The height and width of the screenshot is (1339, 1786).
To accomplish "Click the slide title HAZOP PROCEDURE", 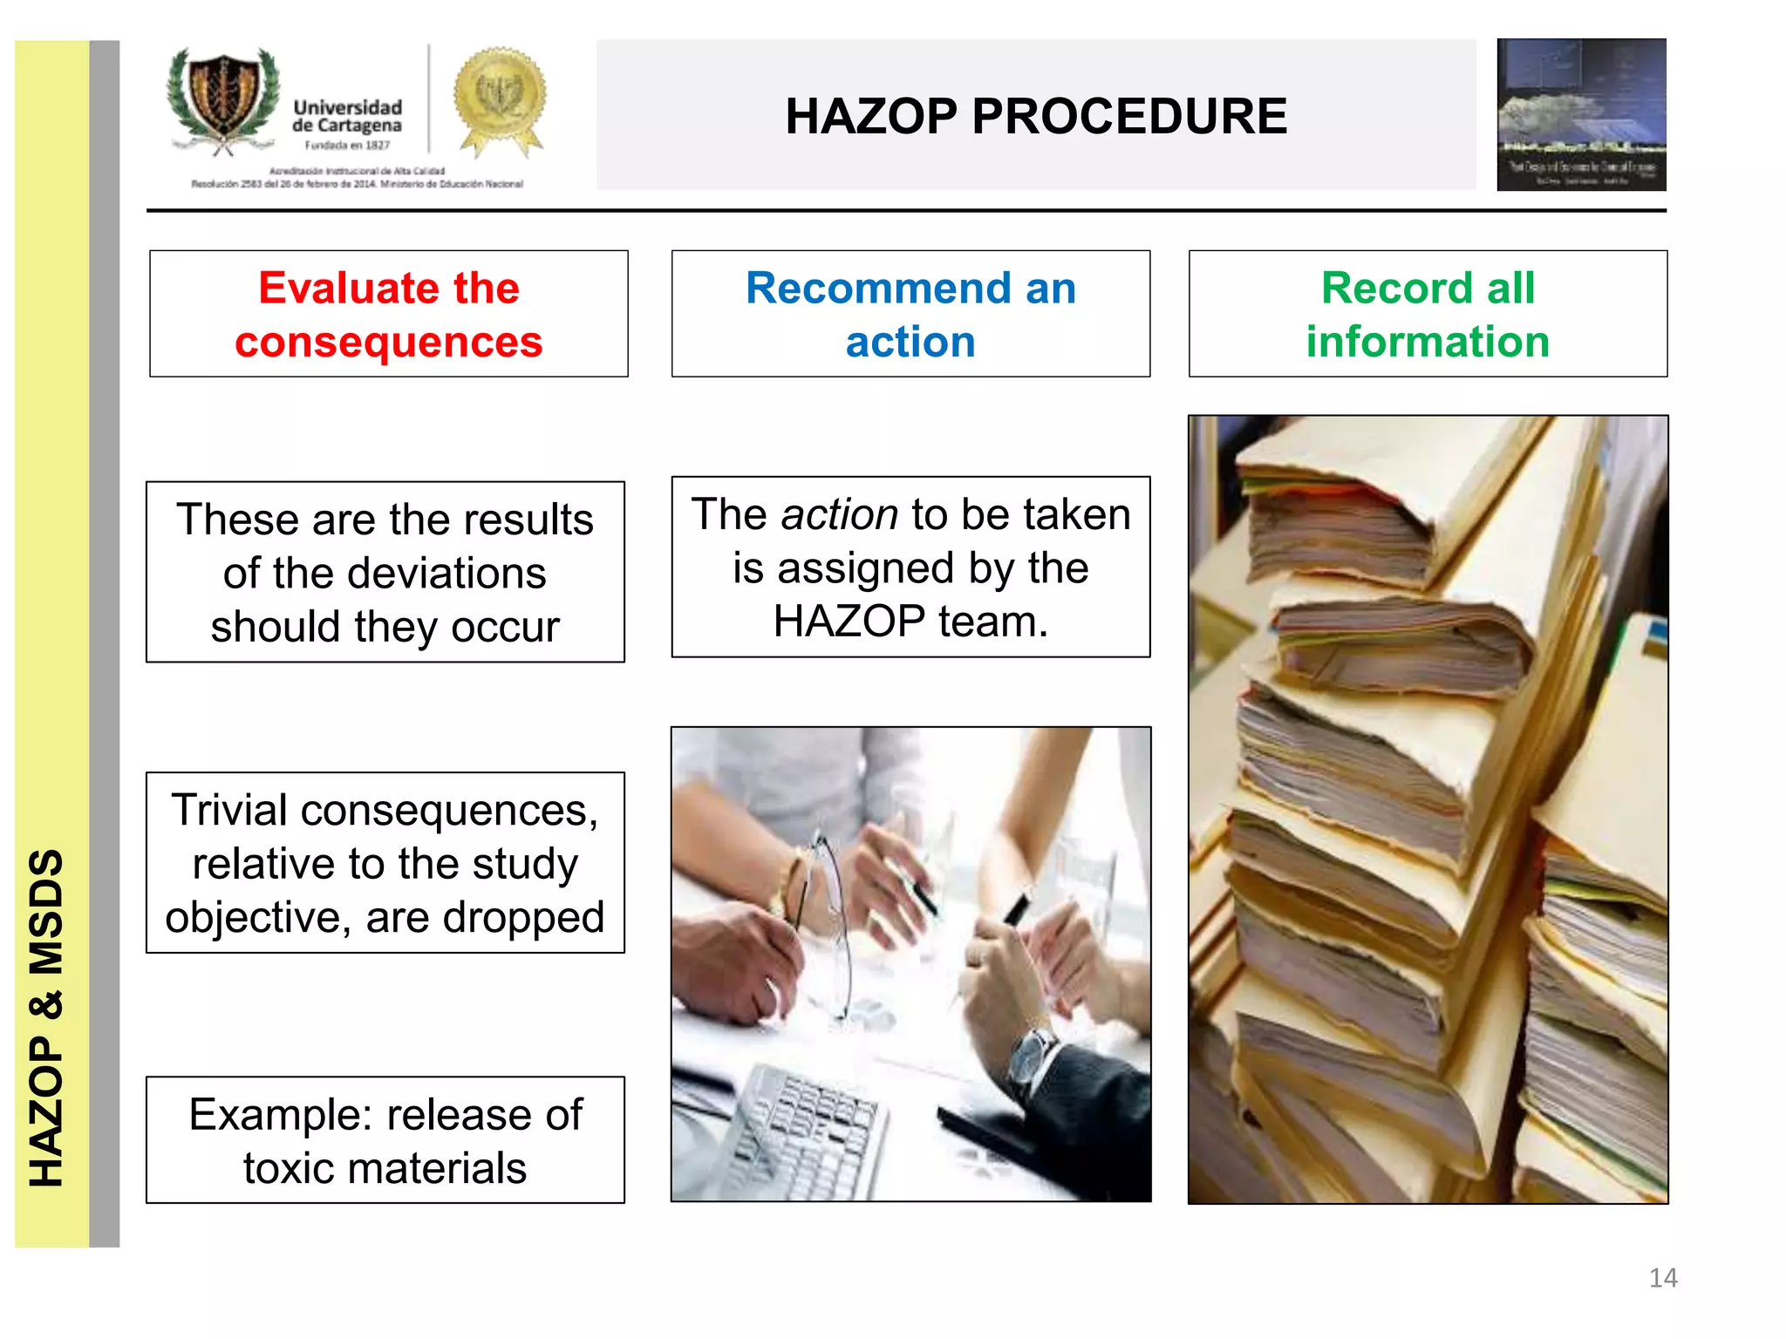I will tap(1035, 116).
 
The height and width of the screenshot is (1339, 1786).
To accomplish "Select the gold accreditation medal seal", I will tap(500, 98).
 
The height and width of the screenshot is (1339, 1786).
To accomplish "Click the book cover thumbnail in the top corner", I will tap(1580, 114).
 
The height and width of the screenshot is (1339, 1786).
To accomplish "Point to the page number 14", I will tap(1663, 1278).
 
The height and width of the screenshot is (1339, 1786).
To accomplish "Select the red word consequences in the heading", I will tap(389, 342).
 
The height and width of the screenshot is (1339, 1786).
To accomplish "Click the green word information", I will tap(1428, 342).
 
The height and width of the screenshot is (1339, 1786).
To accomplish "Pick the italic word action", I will tap(839, 514).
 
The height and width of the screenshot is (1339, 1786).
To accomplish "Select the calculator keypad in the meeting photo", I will tap(802, 1125).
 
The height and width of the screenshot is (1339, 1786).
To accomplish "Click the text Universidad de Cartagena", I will tap(347, 116).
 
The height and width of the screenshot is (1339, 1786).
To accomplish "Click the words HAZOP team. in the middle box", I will tap(910, 622).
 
